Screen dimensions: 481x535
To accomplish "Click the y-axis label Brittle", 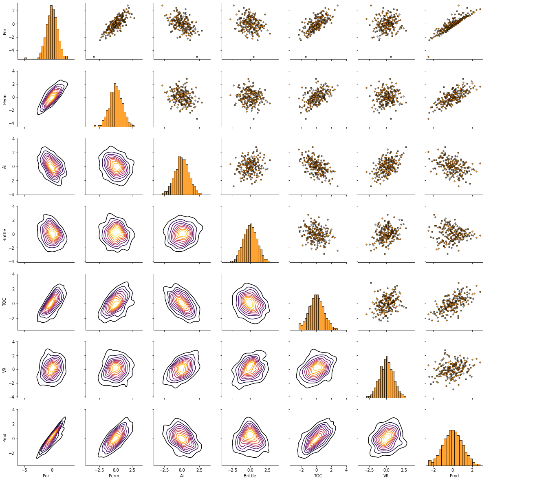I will [x=4, y=235].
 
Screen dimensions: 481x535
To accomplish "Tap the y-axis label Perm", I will [x=4, y=99].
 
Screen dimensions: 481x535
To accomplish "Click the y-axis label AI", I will [x=4, y=167].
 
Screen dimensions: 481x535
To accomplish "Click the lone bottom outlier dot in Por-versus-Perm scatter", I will [x=94, y=57].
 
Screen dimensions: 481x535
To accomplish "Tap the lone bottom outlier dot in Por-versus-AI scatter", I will [x=197, y=57].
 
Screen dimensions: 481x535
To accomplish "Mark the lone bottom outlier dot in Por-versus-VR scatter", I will [x=391, y=57].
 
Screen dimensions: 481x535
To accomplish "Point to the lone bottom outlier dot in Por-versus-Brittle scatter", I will [x=253, y=57].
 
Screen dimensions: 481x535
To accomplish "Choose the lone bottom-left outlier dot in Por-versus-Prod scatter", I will [x=428, y=57].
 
